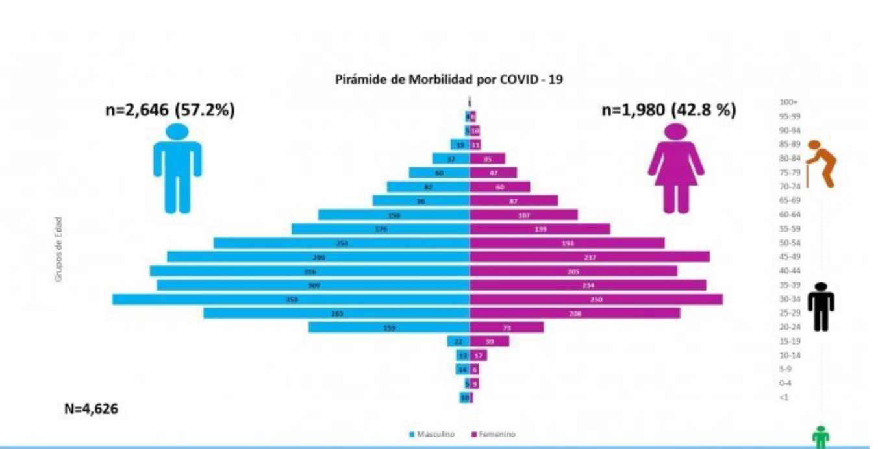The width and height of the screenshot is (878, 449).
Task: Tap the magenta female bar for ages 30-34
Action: coord(596,299)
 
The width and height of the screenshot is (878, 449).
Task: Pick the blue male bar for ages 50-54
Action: coord(342,243)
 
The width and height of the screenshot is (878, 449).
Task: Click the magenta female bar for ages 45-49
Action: coord(590,257)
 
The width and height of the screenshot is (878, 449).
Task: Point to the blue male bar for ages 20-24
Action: coord(389,327)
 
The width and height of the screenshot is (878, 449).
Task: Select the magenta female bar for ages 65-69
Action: coord(514,200)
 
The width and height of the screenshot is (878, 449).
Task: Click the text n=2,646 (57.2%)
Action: coord(170,110)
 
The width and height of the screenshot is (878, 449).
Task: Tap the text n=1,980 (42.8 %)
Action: coord(670,110)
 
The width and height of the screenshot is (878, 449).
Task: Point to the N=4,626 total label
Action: coord(91,409)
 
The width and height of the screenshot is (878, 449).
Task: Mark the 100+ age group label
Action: coord(788,103)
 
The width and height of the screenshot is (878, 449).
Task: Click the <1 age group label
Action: coord(784,397)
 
